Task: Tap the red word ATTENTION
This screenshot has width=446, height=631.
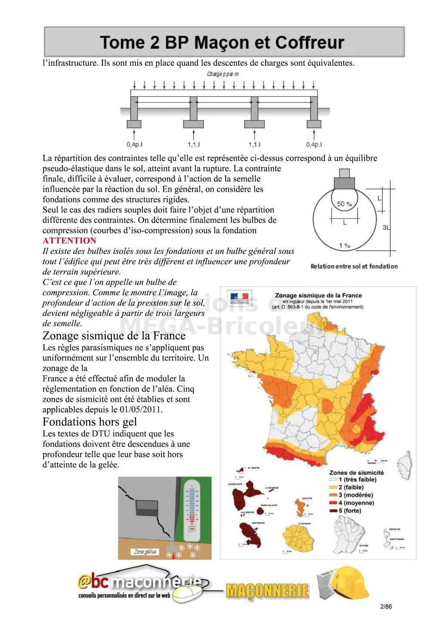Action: click(69, 241)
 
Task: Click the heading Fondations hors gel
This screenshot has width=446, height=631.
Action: click(90, 422)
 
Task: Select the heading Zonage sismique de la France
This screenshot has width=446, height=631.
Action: click(114, 336)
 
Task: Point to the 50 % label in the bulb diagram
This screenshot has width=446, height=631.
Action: click(345, 204)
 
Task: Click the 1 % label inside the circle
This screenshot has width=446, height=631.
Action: click(345, 246)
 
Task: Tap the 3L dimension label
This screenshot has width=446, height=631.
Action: click(386, 227)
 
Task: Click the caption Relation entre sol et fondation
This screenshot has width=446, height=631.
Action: click(354, 266)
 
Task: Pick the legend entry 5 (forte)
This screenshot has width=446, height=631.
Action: click(350, 510)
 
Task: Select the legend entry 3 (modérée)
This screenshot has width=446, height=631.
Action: click(355, 495)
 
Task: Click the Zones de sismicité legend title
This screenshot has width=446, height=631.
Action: click(357, 472)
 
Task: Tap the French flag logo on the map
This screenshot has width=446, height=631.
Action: click(240, 298)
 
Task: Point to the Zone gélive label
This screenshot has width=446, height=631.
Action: click(145, 552)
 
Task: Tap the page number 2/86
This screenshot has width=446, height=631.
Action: click(386, 607)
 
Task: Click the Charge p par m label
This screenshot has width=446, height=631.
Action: click(223, 74)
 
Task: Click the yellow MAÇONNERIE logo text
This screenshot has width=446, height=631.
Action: click(267, 591)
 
